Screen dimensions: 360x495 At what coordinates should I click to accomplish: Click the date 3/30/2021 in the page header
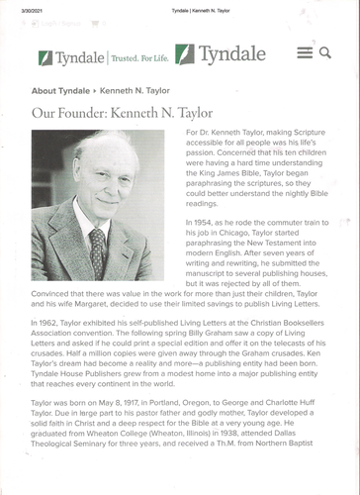[x=18, y=9]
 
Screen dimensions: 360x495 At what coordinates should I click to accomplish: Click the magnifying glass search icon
[x=325, y=52]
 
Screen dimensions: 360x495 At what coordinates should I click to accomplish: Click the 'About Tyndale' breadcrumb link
[x=60, y=90]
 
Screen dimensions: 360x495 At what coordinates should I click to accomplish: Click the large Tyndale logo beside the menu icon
[x=222, y=53]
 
